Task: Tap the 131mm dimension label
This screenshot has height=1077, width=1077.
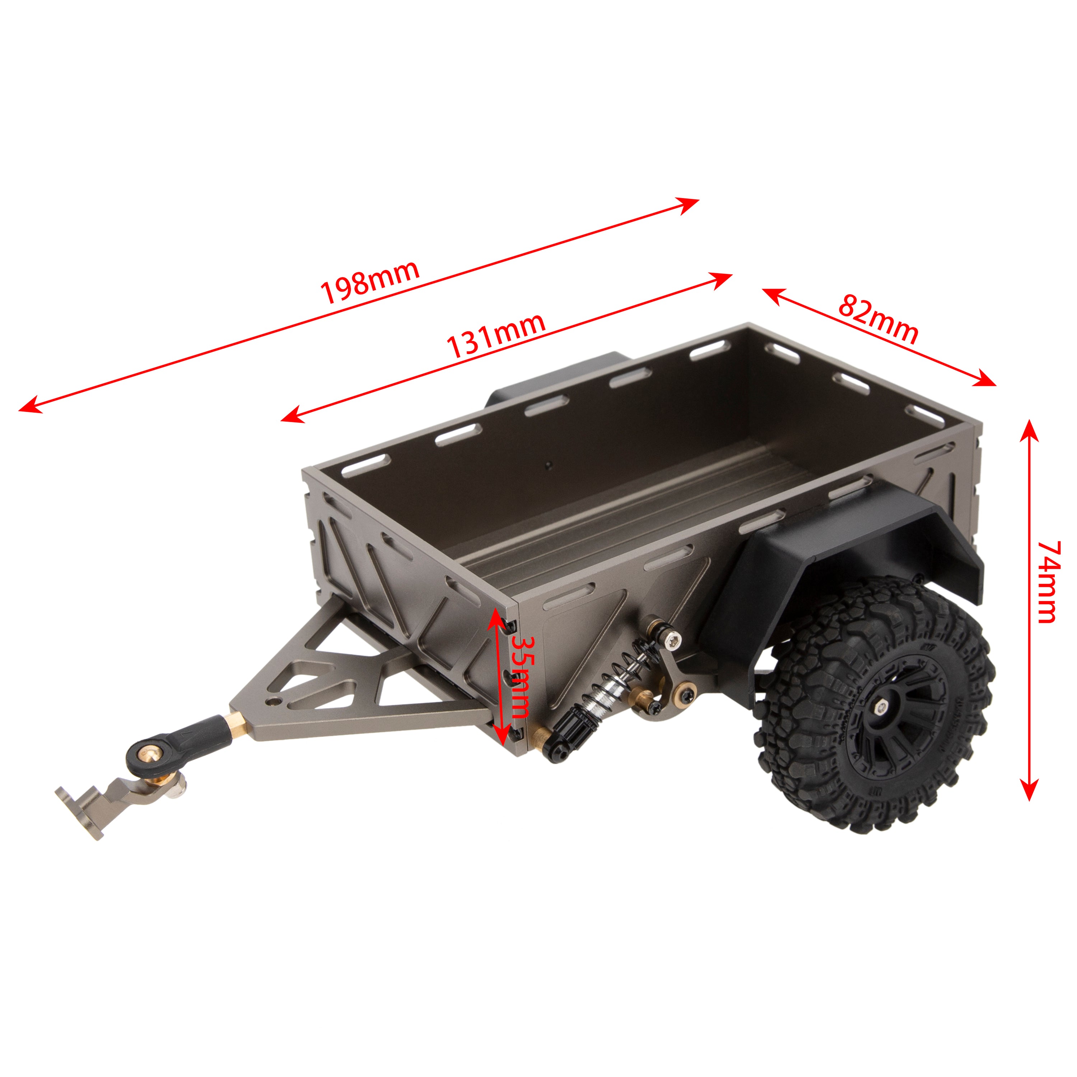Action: coord(495,336)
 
